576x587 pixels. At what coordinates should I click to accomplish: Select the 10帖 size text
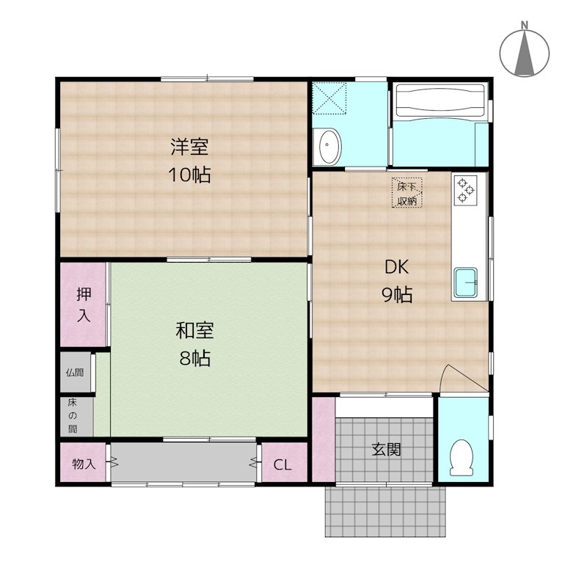coord(189,175)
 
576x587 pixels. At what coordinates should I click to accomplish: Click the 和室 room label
coord(194,331)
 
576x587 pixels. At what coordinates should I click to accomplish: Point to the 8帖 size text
coord(194,358)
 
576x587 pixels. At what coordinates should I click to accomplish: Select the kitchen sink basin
coord(466,280)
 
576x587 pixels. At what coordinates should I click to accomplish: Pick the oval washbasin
coord(329,147)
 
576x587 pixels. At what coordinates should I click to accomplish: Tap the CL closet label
coord(282,464)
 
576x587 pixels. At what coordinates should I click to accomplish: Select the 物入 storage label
coord(84,464)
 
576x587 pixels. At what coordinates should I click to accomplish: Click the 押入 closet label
coord(84,305)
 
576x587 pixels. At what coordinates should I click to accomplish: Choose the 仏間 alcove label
coord(75,373)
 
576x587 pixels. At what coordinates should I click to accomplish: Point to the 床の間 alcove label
coord(73,415)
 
